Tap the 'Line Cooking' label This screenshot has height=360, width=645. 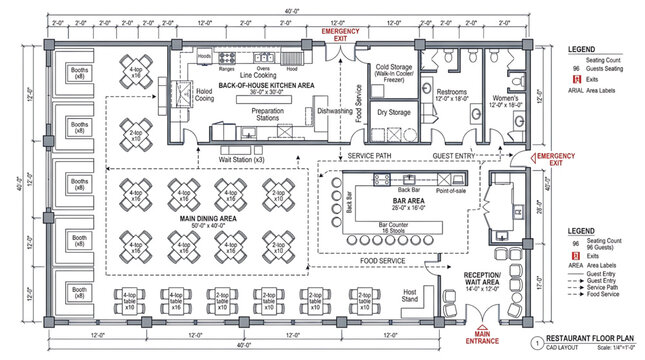click(x=259, y=75)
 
